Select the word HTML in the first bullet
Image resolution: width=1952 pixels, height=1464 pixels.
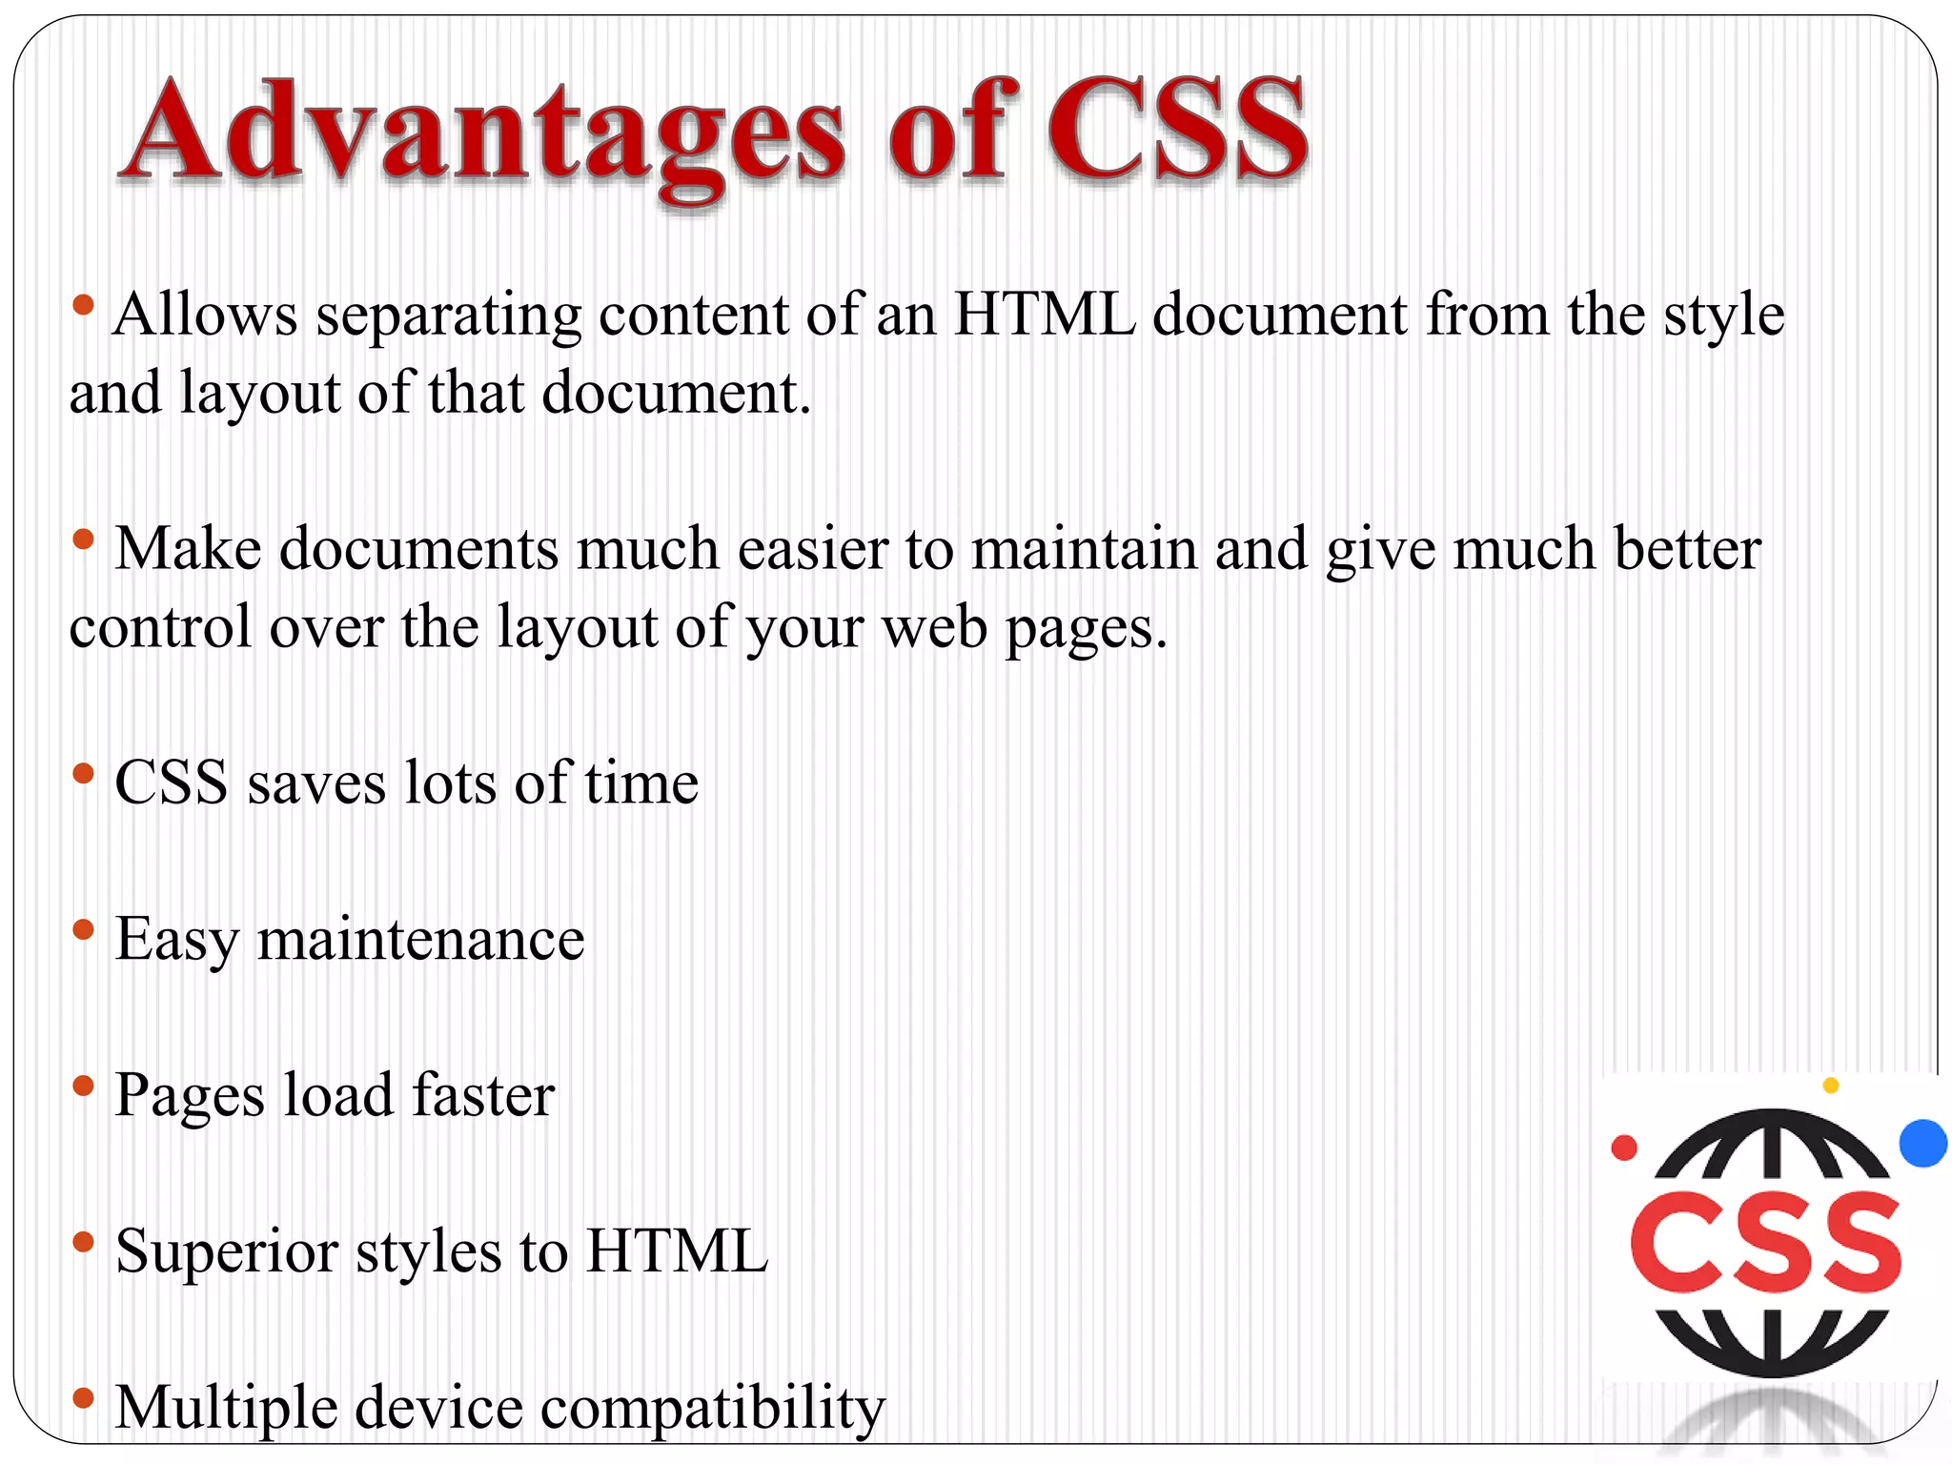[1045, 315]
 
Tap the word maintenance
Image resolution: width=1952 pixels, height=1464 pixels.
[420, 940]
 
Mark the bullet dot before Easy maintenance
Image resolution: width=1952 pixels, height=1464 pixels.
[84, 929]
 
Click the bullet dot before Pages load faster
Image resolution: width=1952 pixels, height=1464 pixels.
[84, 1086]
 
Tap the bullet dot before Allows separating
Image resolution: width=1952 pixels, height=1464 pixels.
[84, 305]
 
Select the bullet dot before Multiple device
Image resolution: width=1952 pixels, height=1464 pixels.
[84, 1398]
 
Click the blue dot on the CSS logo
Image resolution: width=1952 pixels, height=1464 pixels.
[1922, 1143]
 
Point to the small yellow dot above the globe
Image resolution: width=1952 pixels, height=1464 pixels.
[1830, 1085]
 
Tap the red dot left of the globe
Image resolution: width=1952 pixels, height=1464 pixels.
[1624, 1148]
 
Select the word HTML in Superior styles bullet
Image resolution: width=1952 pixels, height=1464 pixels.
[677, 1251]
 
